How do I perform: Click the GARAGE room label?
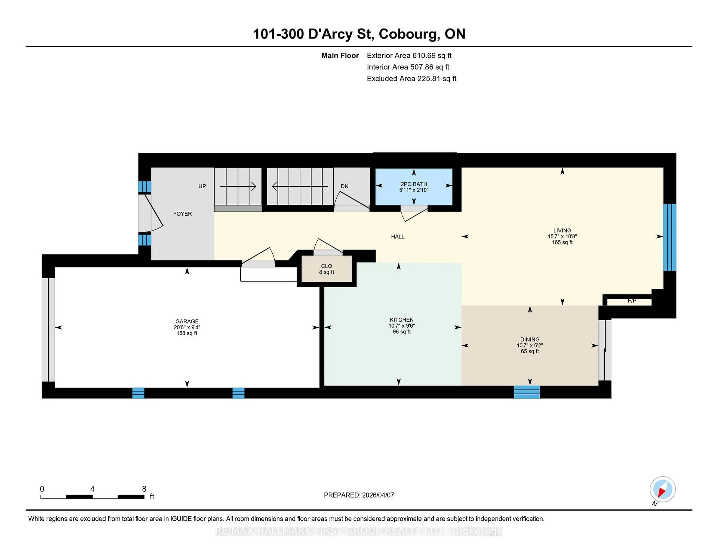click(187, 321)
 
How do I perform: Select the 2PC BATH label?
click(414, 184)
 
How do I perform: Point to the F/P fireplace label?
click(632, 301)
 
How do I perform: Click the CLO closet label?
click(326, 266)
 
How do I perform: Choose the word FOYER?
click(182, 214)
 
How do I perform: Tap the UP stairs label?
click(202, 186)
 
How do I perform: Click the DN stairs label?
click(344, 186)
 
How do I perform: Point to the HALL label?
click(398, 236)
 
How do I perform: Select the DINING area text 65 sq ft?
click(530, 351)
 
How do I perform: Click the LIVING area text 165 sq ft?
click(562, 242)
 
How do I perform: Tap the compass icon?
click(662, 489)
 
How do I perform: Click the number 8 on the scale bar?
click(144, 489)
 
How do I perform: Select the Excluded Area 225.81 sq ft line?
click(411, 79)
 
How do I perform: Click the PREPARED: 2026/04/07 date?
click(359, 495)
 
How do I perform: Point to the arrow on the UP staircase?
click(238, 186)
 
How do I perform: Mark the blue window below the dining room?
click(527, 392)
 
